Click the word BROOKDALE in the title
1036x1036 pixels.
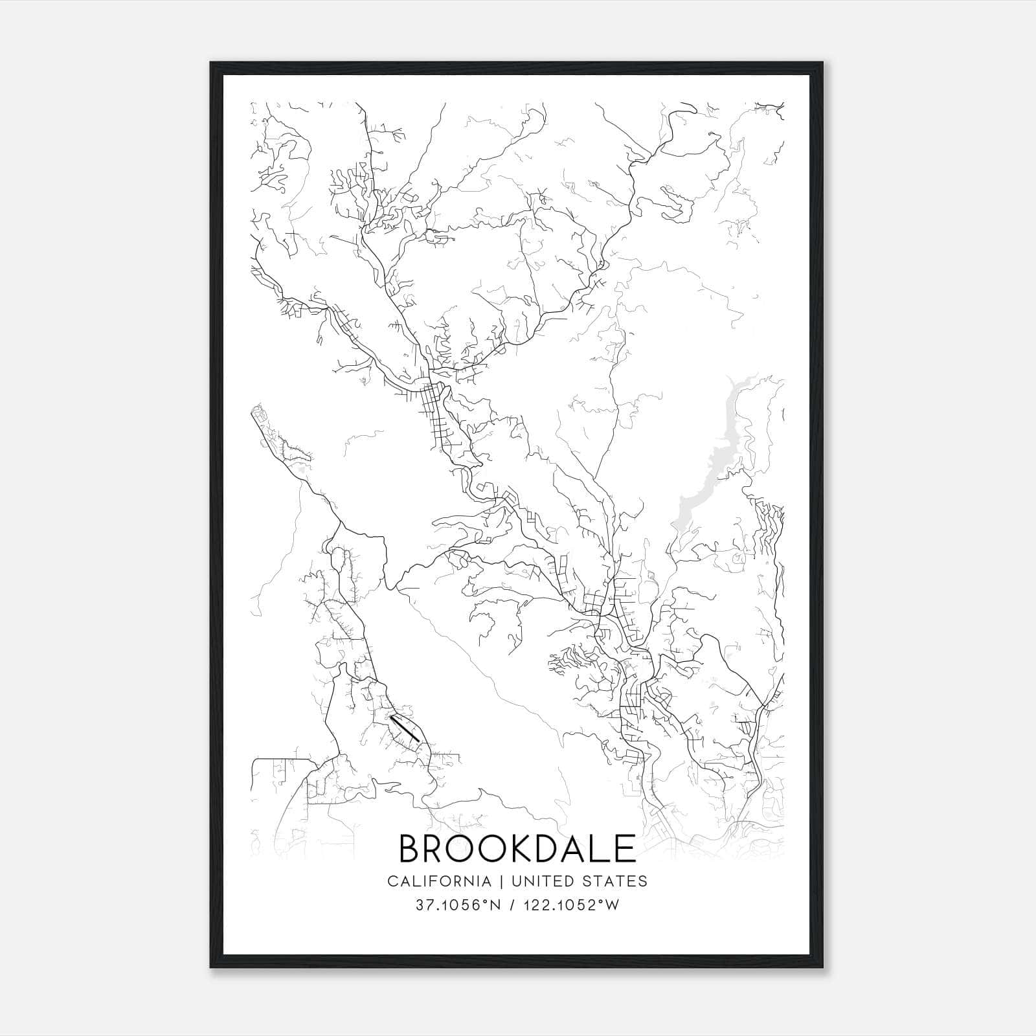tap(517, 849)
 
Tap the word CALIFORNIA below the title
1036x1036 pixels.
tap(438, 881)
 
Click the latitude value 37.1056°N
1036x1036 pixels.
tap(457, 905)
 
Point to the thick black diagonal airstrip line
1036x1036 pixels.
tap(405, 728)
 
